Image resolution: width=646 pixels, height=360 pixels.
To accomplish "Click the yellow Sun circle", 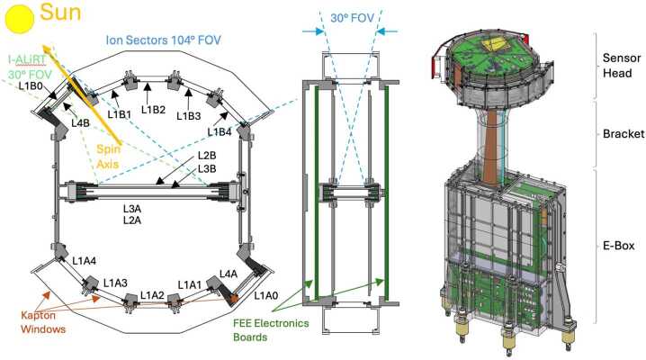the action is click(19, 20).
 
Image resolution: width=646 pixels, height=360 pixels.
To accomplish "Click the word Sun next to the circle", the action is click(60, 12).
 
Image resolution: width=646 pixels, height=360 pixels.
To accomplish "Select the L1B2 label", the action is click(153, 110).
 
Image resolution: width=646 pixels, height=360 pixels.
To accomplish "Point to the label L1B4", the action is click(220, 131).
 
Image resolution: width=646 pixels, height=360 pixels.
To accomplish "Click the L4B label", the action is click(80, 122).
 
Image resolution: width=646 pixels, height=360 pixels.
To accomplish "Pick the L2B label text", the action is click(207, 156).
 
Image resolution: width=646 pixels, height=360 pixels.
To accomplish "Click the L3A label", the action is click(132, 209).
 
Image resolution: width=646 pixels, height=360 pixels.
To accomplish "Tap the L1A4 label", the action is click(84, 261).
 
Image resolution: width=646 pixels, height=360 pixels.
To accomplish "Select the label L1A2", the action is click(152, 295).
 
